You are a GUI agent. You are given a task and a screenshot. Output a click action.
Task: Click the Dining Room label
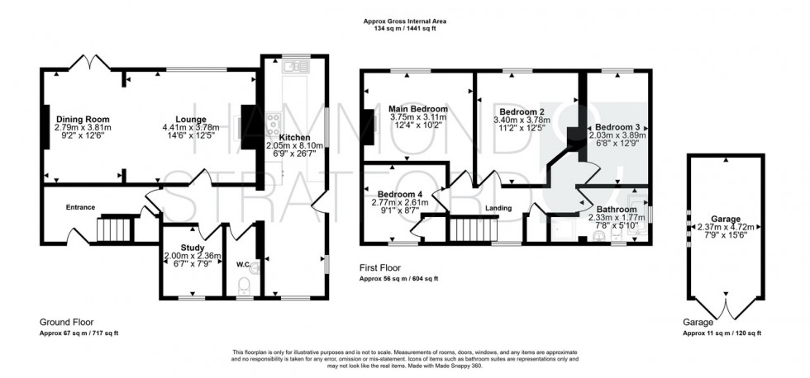coord(82,119)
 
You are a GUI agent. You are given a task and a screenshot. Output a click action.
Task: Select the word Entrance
coord(81,207)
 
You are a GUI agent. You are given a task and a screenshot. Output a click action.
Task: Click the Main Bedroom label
coord(417,109)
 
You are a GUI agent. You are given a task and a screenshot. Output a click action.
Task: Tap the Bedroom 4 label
coord(393,194)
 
